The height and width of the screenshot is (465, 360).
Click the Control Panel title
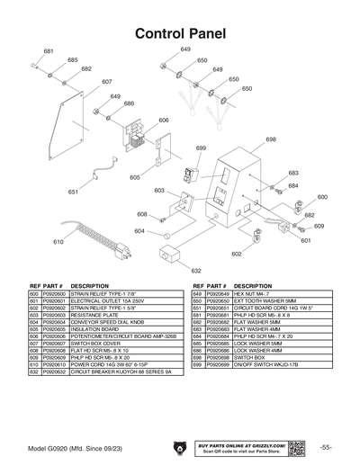click(180, 33)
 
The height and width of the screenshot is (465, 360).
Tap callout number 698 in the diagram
click(271, 139)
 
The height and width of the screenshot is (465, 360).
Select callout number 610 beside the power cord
click(58, 243)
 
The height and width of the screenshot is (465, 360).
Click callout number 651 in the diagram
click(73, 192)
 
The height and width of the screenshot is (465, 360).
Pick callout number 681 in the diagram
click(49, 51)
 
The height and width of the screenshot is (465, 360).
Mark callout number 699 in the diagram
click(200, 148)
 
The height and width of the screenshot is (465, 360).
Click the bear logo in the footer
click(179, 448)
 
